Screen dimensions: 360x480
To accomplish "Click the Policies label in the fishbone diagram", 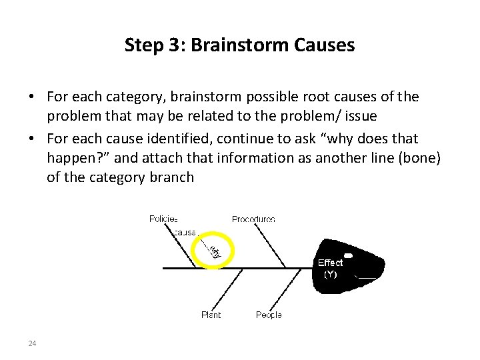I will click(x=163, y=219).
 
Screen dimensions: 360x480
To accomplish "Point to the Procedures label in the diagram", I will click(x=253, y=219).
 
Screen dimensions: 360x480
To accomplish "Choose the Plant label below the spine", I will click(x=211, y=315).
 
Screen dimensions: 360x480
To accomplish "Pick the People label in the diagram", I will click(x=269, y=315).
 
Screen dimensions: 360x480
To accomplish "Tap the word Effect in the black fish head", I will click(x=330, y=263).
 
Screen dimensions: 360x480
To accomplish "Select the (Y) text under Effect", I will click(x=330, y=273).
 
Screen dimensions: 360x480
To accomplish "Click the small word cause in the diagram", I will click(x=185, y=233).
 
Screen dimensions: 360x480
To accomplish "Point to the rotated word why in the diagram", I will click(x=215, y=251).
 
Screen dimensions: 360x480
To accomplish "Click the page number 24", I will click(x=32, y=343).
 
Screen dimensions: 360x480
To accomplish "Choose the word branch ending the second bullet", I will click(x=172, y=177).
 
